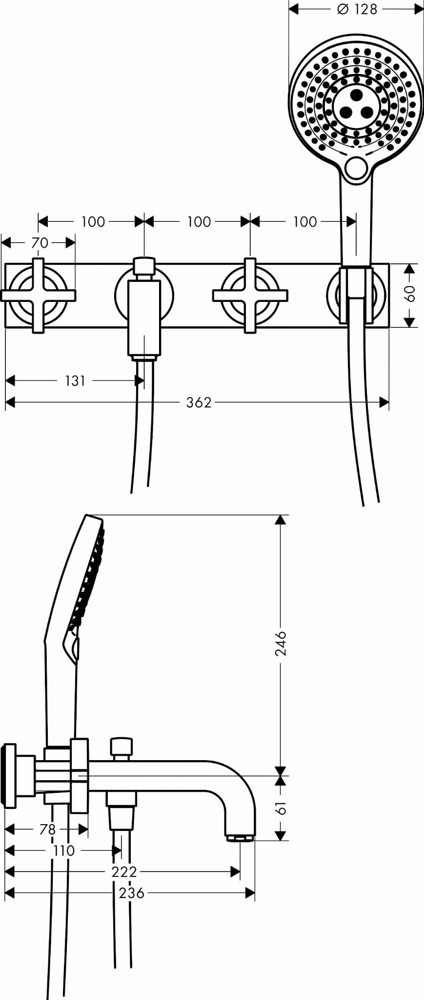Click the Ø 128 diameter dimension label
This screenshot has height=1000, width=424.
coord(357,9)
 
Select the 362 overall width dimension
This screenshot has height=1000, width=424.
coord(199,403)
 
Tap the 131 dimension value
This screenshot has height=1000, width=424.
coord(75,381)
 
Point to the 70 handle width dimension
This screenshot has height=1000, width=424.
coord(40,242)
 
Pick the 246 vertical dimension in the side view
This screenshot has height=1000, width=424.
coord(281,643)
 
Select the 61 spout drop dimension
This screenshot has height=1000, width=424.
coord(281,809)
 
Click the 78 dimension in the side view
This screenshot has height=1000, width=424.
coord(47,829)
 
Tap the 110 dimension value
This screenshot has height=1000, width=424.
coord(64,851)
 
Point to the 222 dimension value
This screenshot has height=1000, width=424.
coord(124,872)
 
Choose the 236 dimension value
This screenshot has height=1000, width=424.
coord(132,893)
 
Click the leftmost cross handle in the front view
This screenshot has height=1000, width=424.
coord(39,296)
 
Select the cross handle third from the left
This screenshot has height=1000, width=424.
coord(250,296)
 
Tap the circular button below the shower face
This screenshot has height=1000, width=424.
coord(356,168)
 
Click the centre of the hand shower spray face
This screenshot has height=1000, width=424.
coord(356,105)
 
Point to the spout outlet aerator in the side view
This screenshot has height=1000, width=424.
coord(240,839)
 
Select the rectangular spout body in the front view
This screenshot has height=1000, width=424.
coord(144,318)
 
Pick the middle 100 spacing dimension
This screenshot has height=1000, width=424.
coord(199,222)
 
